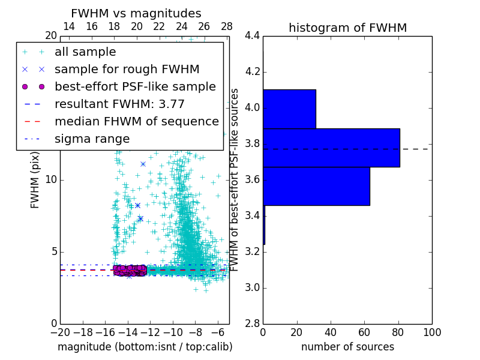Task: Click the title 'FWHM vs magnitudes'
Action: point(136,13)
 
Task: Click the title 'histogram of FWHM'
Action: point(347,28)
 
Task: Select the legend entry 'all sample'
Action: point(85,52)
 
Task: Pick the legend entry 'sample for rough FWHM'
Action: point(127,69)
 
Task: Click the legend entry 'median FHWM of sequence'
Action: point(136,121)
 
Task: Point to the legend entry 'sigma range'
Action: point(92,139)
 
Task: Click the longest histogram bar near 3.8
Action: point(331,148)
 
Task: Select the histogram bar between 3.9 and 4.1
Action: point(289,109)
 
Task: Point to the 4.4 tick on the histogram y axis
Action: point(252,36)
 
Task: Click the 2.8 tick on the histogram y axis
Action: point(252,323)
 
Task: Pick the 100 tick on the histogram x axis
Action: point(431,332)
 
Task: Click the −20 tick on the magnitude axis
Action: point(60,332)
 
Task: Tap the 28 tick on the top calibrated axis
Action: point(227,27)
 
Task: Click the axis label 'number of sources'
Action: point(347,347)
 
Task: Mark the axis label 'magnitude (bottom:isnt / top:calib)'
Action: point(145,347)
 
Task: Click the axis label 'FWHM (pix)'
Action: point(35,180)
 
